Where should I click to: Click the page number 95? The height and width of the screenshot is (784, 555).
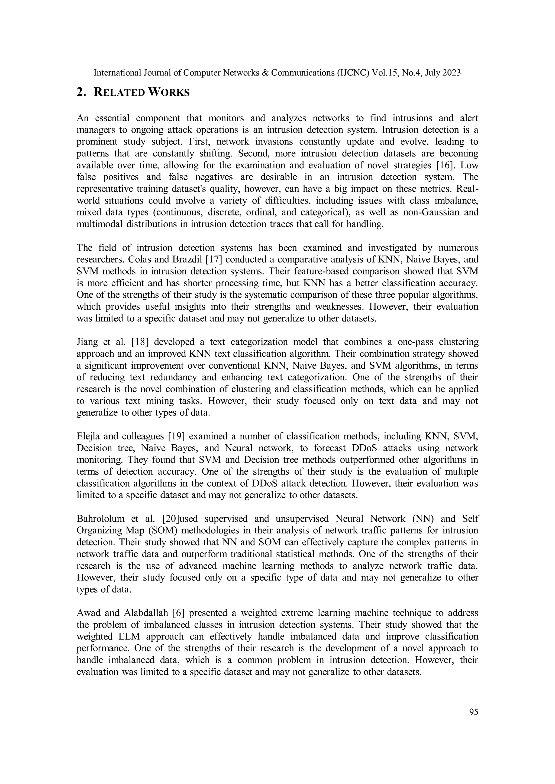(x=474, y=712)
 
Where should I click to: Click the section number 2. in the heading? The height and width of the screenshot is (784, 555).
(x=81, y=92)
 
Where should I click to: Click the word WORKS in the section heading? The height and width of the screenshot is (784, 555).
(x=168, y=92)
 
